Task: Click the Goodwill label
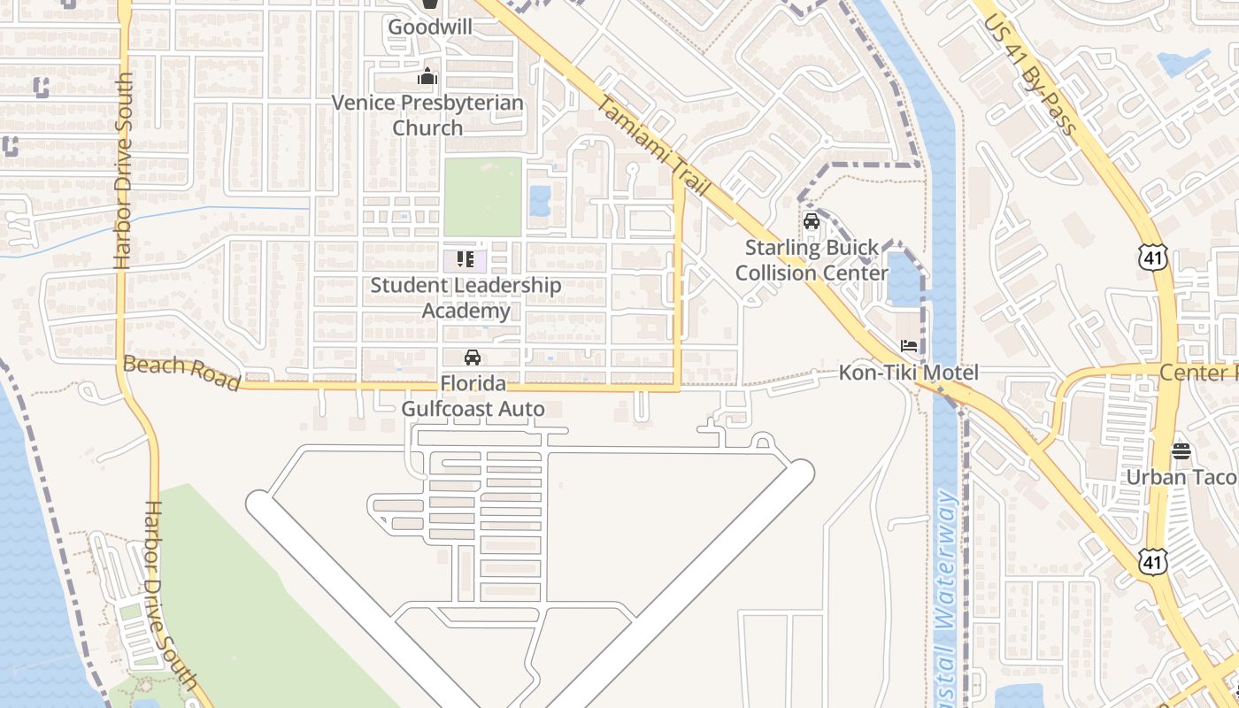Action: click(x=429, y=27)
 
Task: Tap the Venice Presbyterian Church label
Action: click(x=427, y=115)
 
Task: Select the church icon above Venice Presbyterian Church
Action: click(x=427, y=77)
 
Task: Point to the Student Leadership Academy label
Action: click(x=466, y=297)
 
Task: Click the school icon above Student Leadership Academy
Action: click(x=466, y=259)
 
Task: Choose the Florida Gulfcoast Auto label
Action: click(x=473, y=396)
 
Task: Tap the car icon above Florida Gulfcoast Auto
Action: click(x=473, y=358)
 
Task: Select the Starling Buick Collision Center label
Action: click(x=812, y=259)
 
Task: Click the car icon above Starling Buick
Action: click(x=811, y=221)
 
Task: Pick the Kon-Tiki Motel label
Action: click(x=909, y=373)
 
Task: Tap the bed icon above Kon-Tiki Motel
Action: click(x=909, y=345)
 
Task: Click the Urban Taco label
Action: click(x=1181, y=477)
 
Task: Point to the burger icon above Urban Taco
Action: click(x=1181, y=451)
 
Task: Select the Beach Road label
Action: click(x=181, y=373)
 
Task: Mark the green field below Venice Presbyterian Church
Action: click(x=482, y=196)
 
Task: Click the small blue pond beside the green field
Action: click(x=539, y=201)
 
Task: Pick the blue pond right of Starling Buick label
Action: click(x=904, y=280)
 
